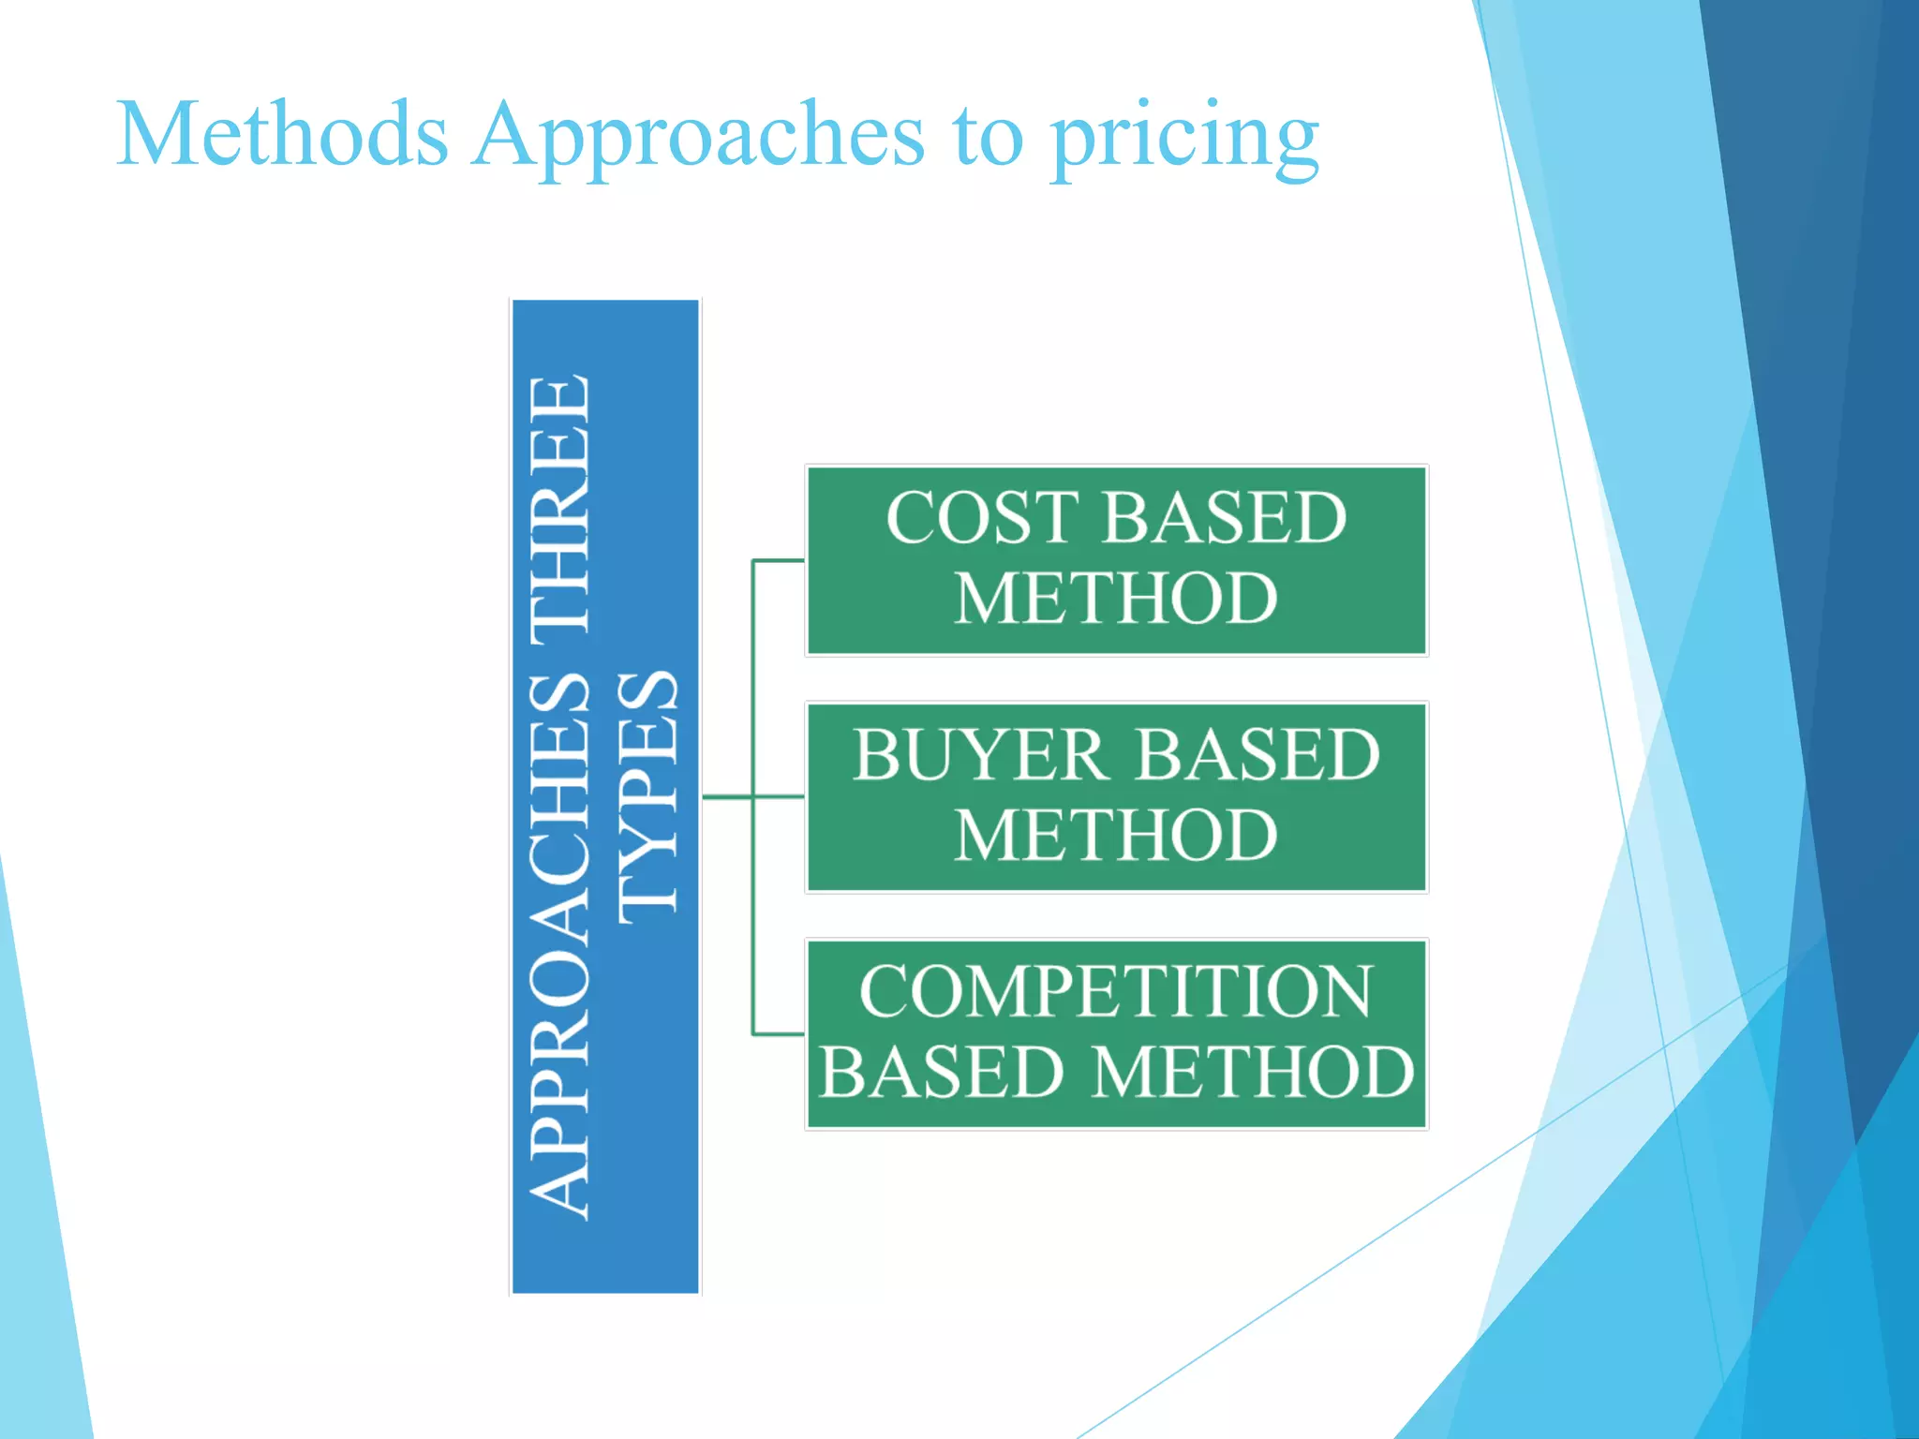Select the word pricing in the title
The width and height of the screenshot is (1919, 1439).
coord(1184,141)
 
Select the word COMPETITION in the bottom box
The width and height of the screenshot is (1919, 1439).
coord(1116,992)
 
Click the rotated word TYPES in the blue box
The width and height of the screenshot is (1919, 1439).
coord(647,796)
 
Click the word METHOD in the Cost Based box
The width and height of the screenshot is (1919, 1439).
coord(1116,599)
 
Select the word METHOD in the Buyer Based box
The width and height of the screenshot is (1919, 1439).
coord(1116,836)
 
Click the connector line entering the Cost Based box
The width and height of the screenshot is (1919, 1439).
coord(778,560)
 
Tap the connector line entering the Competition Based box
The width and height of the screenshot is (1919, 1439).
coord(778,1034)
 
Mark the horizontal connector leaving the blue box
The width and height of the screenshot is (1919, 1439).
coord(726,797)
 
